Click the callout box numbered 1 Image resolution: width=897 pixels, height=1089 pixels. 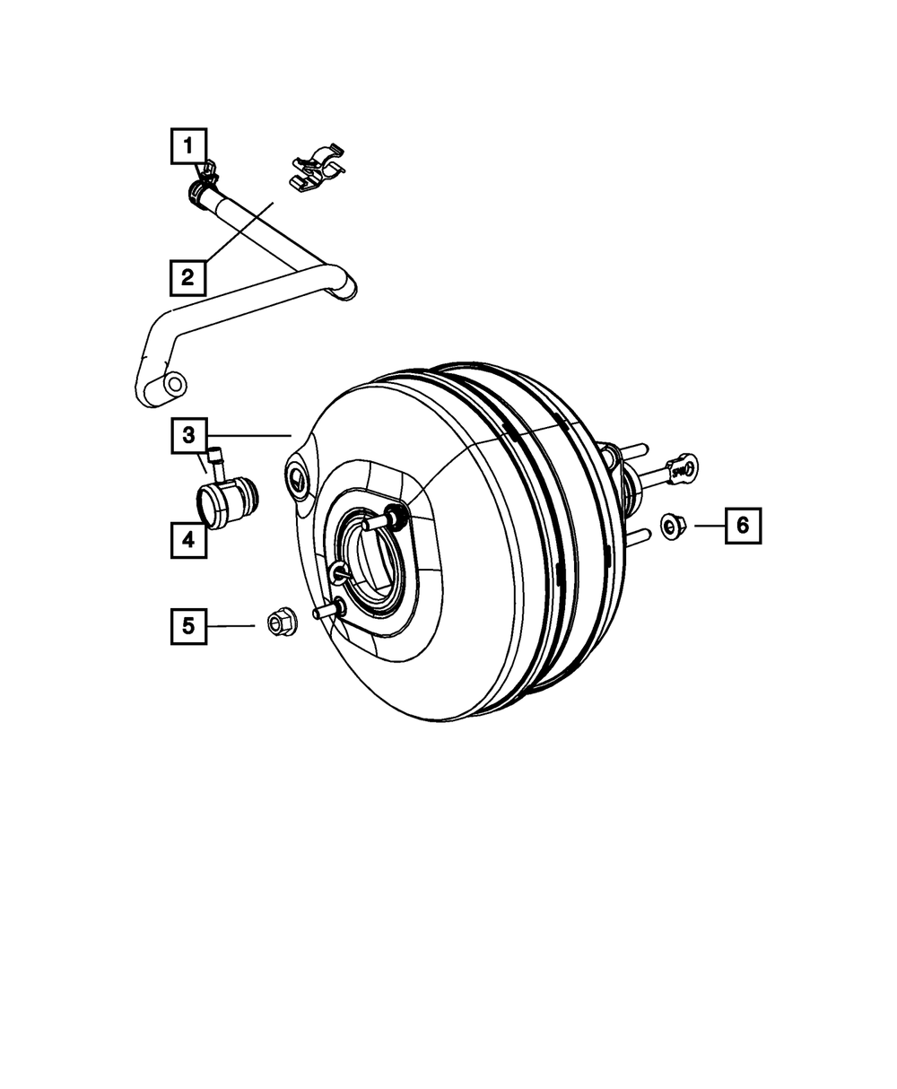click(x=188, y=145)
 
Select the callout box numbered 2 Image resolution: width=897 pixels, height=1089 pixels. click(x=188, y=277)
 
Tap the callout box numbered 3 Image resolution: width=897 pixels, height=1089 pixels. click(x=188, y=436)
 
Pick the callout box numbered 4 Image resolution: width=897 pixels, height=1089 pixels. click(x=188, y=540)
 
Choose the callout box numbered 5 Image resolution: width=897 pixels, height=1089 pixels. click(x=188, y=625)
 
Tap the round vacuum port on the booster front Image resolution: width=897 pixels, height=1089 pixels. click(x=297, y=481)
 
